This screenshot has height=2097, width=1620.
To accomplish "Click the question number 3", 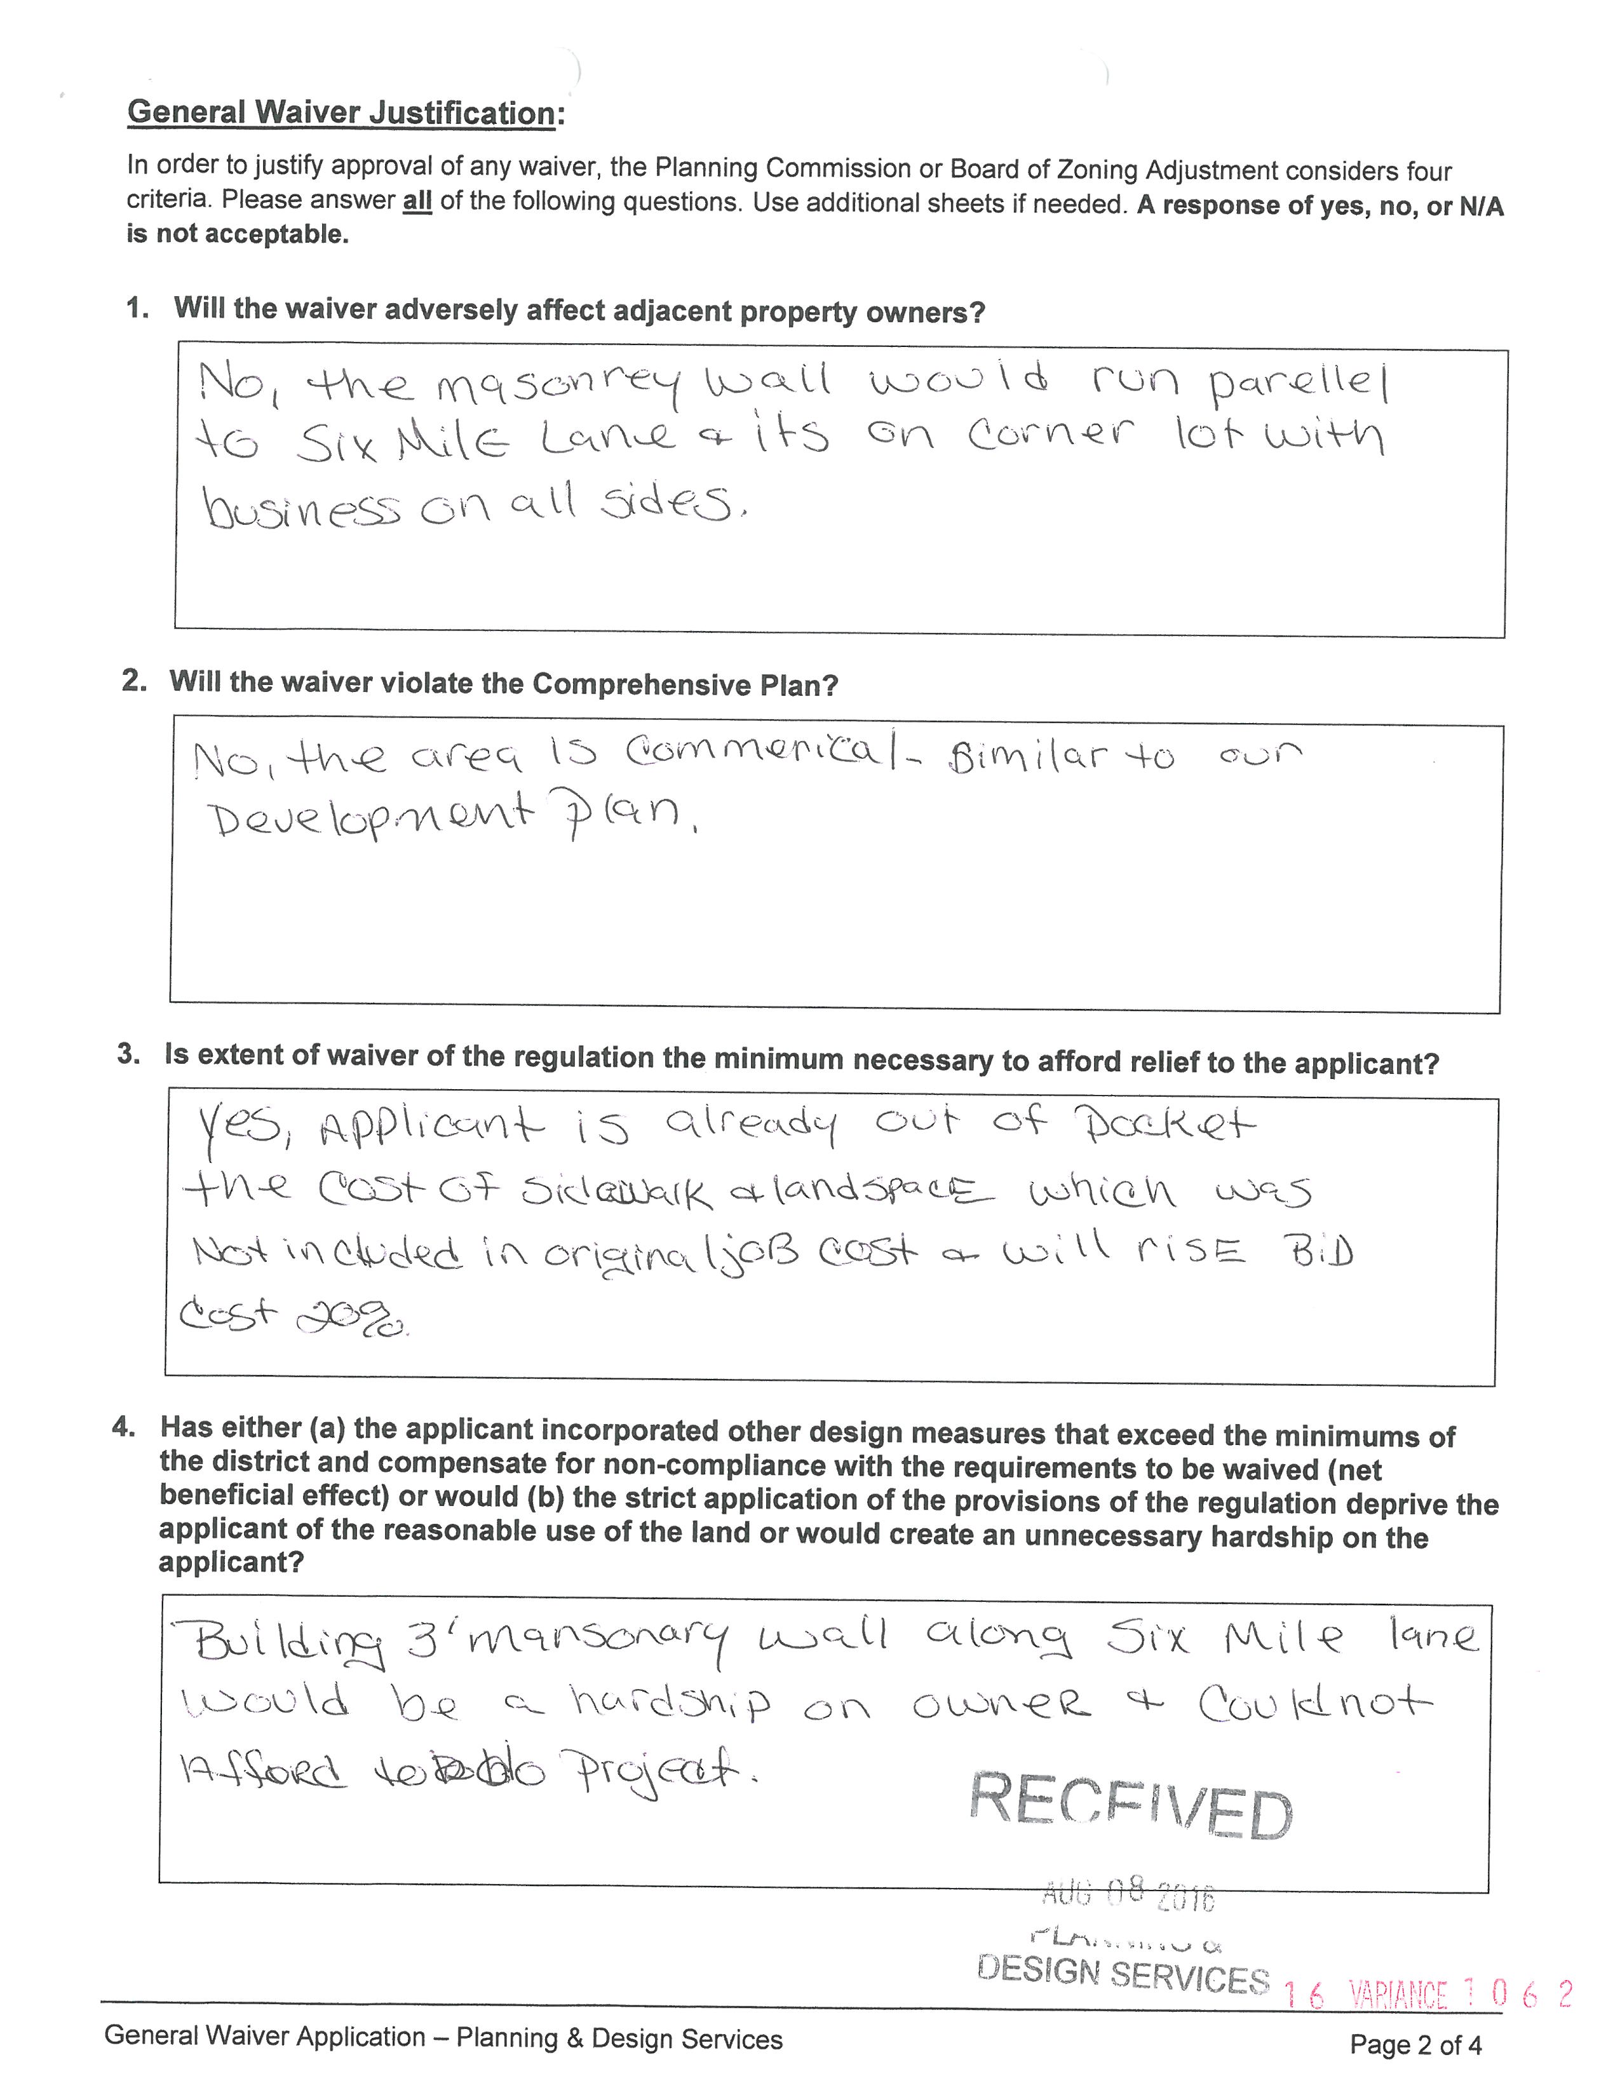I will coord(128,1054).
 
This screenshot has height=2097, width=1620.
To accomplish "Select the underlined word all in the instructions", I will coord(417,201).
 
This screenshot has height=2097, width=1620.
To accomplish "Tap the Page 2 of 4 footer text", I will coord(1415,2044).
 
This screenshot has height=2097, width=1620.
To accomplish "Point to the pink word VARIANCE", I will coord(1398,1995).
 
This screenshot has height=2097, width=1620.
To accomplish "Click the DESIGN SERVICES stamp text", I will coord(1122,1975).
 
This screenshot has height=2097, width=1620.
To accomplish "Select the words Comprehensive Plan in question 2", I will coord(685,684).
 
